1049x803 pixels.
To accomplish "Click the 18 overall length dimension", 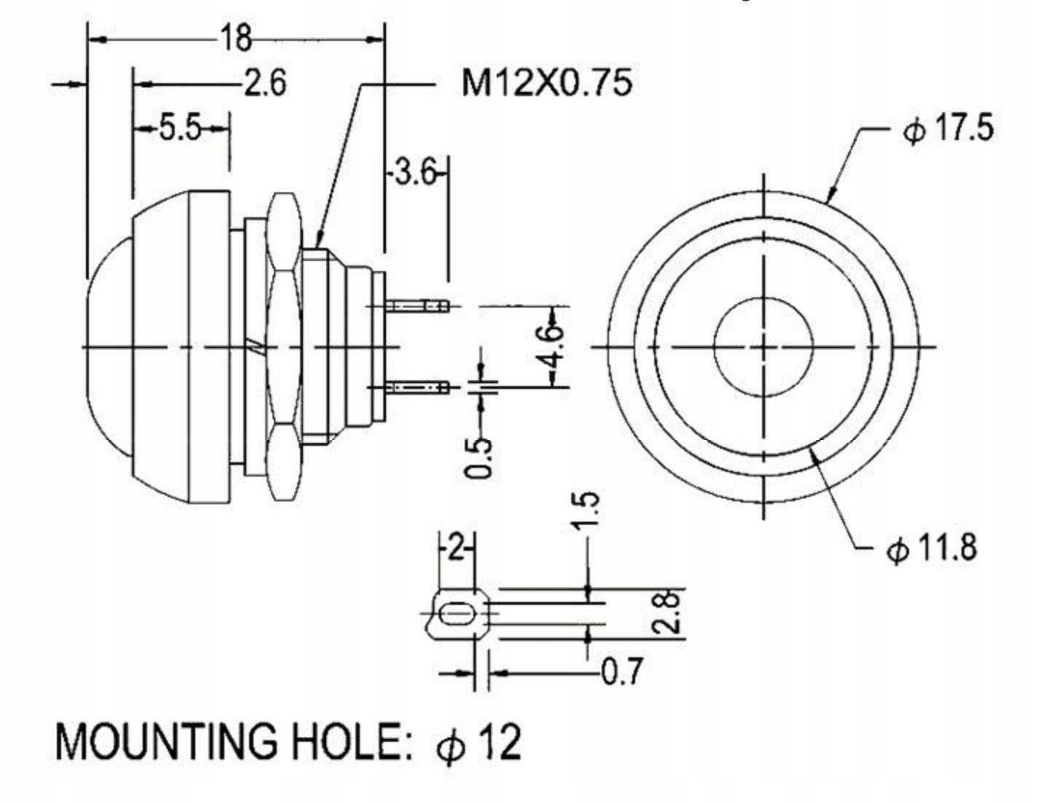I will point(235,37).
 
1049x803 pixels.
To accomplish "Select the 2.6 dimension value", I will point(264,83).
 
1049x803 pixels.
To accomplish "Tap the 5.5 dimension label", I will point(180,129).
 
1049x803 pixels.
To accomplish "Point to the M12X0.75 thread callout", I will point(546,82).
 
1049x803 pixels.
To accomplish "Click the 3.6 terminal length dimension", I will point(416,174).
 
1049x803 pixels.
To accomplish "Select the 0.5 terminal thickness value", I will point(479,457).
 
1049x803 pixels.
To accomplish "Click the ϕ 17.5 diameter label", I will point(948,129).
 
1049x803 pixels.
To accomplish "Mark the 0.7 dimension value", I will point(621,671).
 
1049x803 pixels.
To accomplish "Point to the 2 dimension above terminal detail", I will point(455,547).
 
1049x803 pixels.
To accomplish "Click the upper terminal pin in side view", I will point(418,305).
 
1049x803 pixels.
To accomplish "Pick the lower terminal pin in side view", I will point(418,387).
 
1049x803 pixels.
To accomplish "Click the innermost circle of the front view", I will point(763,347).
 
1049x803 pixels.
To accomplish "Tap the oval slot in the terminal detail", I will point(457,616).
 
